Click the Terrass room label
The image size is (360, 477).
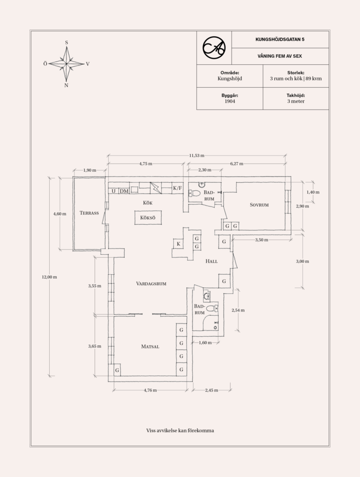click(89, 213)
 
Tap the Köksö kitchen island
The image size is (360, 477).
click(148, 218)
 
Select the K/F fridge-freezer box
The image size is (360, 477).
click(177, 188)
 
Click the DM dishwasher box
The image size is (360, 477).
click(124, 191)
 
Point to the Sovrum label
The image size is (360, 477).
click(259, 205)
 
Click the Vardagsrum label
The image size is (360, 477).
click(151, 283)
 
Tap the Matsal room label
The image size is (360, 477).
click(150, 346)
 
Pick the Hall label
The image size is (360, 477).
click(212, 261)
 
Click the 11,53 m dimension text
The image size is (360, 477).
click(196, 156)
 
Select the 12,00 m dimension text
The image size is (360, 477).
click(49, 277)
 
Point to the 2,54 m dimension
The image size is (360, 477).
click(238, 311)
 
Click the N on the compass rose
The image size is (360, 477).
click(66, 85)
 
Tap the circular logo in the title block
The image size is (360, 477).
click(214, 47)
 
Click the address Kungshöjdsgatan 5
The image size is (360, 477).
click(280, 39)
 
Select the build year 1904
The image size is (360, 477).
click(230, 101)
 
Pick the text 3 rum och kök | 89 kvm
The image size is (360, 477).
click(296, 79)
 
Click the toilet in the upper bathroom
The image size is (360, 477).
click(194, 193)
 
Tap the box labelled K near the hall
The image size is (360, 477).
click(179, 244)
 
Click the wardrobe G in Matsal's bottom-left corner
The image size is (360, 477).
click(117, 370)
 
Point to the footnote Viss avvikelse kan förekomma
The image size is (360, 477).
click(180, 430)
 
